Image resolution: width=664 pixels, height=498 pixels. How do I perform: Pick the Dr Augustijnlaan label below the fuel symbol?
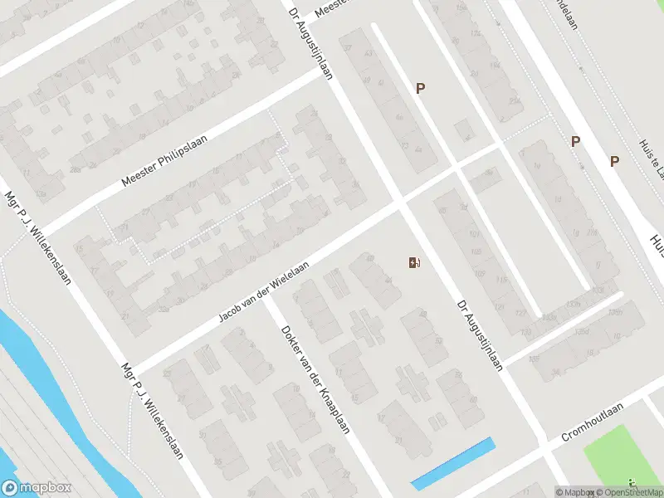pyautogui.click(x=480, y=334)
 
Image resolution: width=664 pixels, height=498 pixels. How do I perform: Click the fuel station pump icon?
pyautogui.click(x=414, y=263)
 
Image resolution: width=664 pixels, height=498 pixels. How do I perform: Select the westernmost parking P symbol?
pyautogui.click(x=421, y=88)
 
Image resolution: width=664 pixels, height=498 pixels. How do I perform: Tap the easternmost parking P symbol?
pyautogui.click(x=615, y=161)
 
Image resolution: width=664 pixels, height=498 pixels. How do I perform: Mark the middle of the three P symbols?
pyautogui.click(x=574, y=142)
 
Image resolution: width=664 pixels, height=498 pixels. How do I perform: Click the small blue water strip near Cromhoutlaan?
pyautogui.click(x=453, y=462)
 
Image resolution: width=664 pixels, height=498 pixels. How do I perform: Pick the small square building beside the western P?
pyautogui.click(x=462, y=130)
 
